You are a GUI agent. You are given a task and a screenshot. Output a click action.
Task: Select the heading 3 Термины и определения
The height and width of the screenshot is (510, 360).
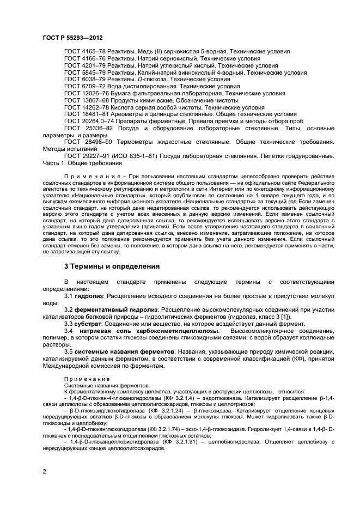point(112,266)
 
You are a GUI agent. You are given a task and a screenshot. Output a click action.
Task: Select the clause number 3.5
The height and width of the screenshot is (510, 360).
point(69,352)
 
